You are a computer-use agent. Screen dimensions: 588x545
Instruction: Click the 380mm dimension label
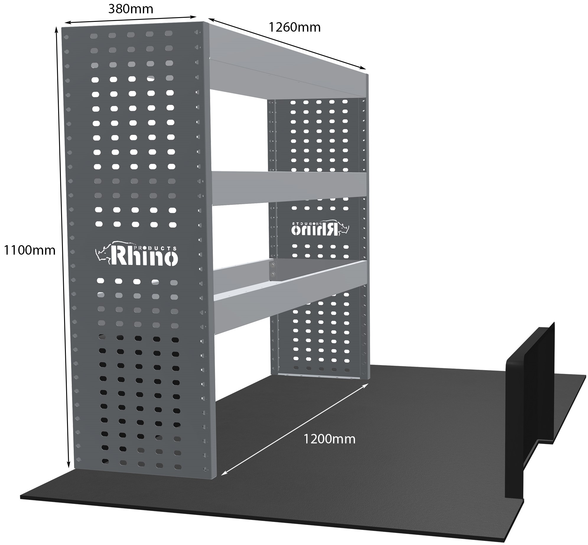[131, 9]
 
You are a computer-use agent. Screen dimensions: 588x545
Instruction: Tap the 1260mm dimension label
[294, 27]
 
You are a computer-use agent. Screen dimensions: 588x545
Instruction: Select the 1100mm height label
[29, 250]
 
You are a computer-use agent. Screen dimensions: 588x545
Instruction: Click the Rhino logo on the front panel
[136, 253]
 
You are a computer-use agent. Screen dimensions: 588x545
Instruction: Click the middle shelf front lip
[289, 188]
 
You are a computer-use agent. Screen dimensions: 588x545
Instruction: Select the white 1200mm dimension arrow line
[295, 433]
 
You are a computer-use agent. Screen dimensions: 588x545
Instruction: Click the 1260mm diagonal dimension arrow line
[286, 48]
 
